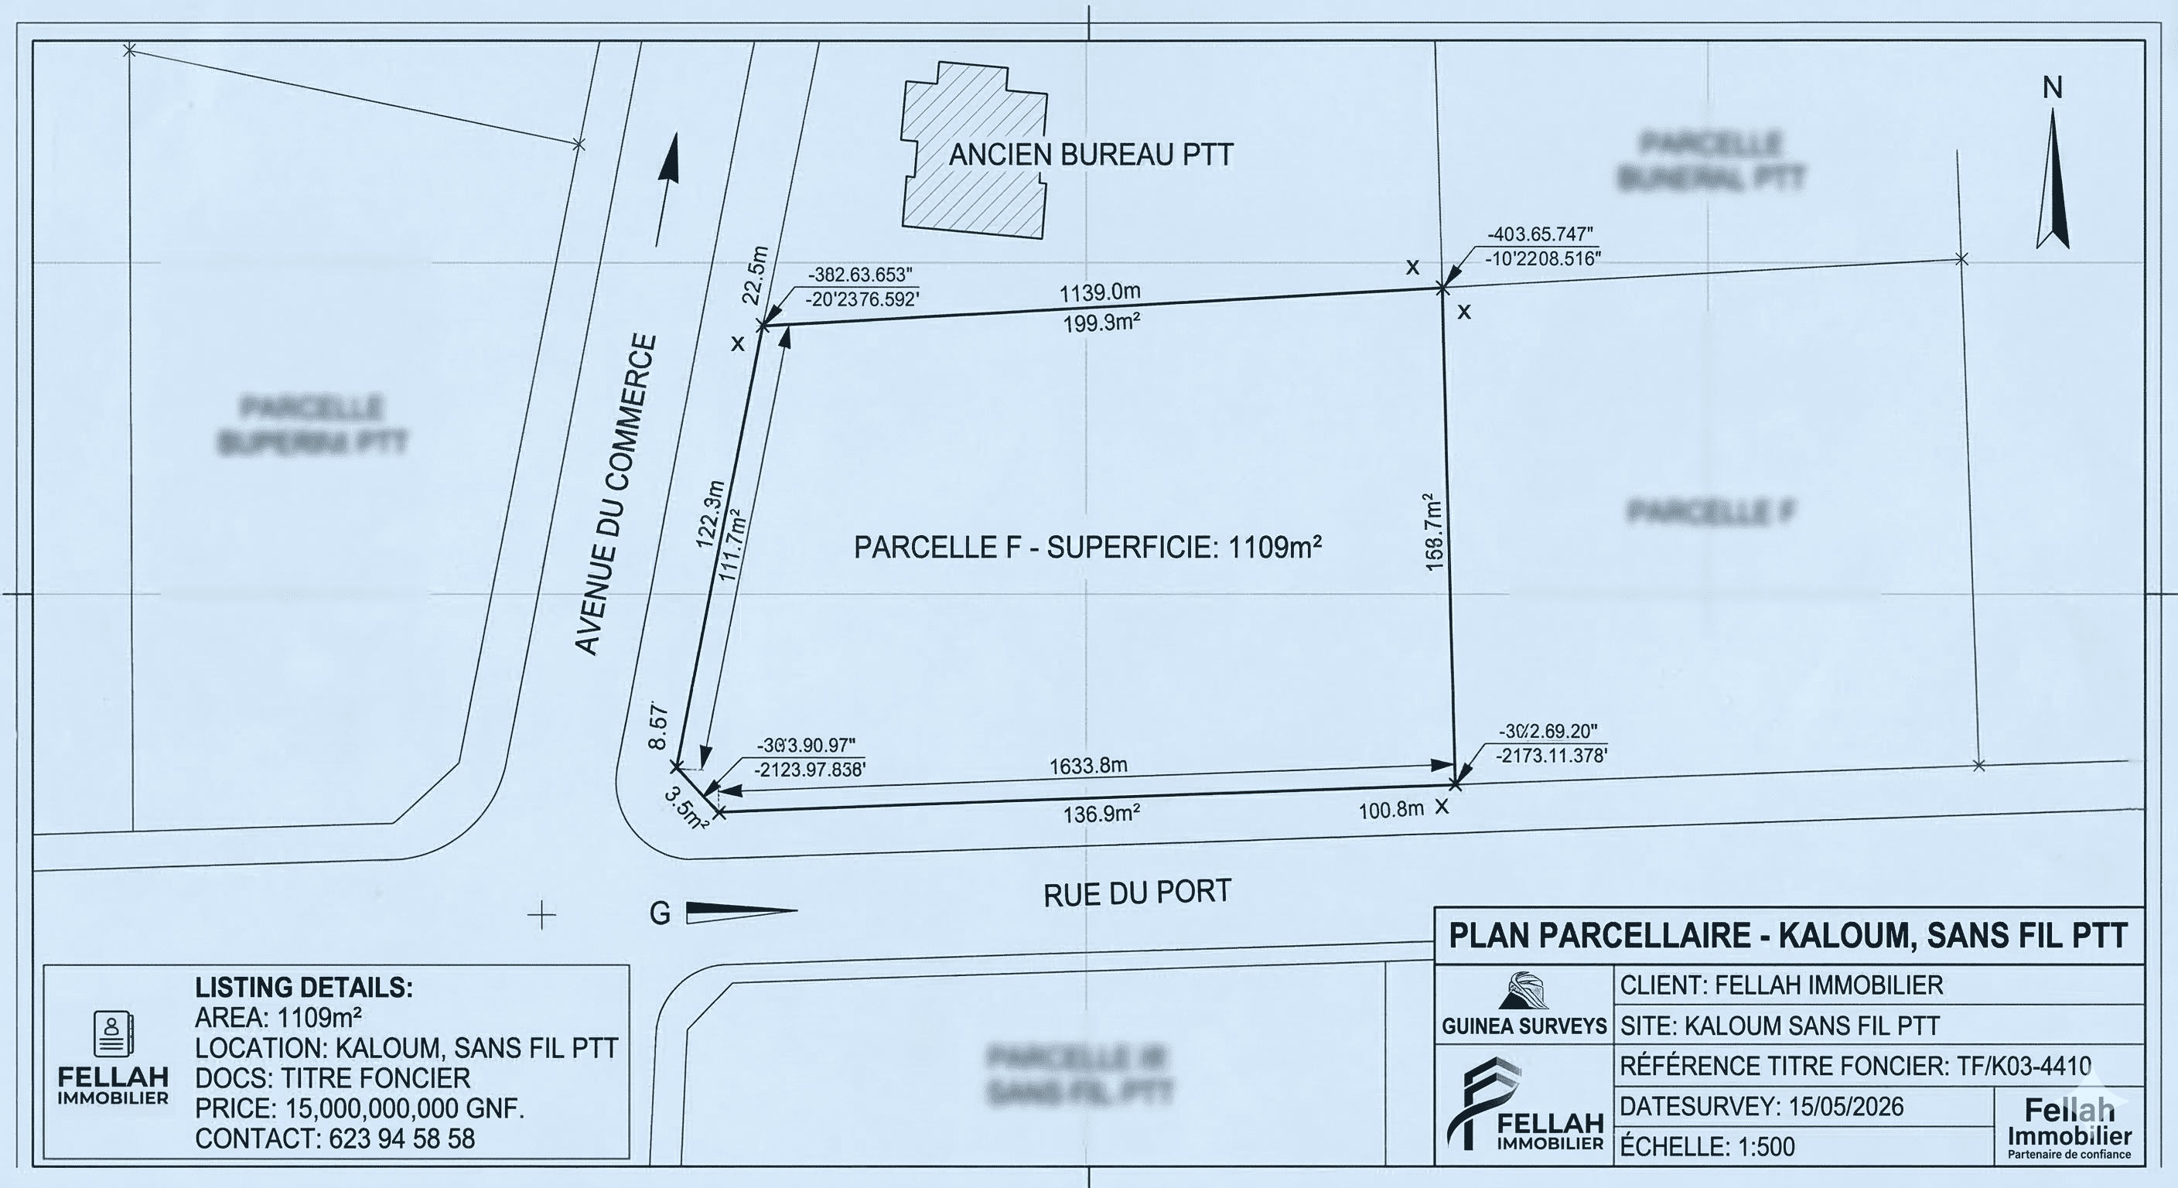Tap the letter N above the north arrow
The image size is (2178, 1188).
[2052, 88]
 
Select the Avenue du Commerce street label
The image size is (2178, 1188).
[615, 495]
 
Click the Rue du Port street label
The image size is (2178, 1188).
[1137, 893]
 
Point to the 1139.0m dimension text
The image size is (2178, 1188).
[1099, 292]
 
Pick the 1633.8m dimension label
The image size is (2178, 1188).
[1088, 766]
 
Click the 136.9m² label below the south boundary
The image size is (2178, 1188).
[1101, 814]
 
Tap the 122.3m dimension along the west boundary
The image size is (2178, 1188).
[710, 514]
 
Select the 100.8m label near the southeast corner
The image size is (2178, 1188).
[1391, 810]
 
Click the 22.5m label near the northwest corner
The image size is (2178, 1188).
[755, 275]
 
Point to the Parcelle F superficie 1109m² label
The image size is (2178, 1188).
[1087, 548]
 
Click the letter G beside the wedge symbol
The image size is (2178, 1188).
[660, 913]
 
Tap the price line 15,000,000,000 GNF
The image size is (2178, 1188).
[360, 1108]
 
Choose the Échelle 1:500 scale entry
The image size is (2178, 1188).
[1707, 1146]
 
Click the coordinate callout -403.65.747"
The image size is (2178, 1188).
[1540, 234]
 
